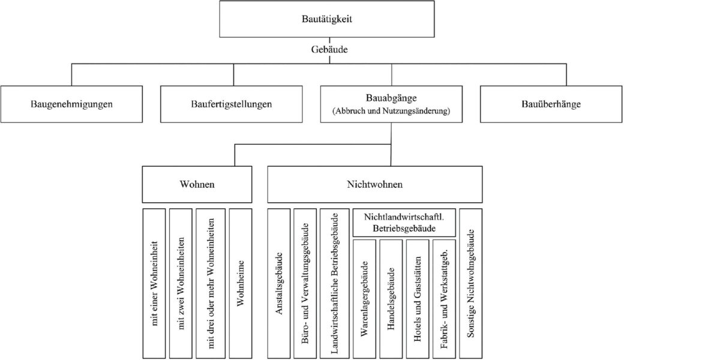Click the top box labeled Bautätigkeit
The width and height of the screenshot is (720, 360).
[326, 19]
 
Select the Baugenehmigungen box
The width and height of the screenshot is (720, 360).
[71, 104]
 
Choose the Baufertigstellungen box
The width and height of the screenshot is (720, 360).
[232, 104]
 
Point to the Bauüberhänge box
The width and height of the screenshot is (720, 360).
[551, 104]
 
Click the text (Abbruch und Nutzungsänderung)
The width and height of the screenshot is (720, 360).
[391, 111]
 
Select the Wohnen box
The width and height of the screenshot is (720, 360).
[197, 184]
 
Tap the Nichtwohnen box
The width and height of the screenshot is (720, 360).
[374, 184]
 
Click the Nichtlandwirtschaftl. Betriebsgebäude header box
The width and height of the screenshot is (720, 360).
[403, 223]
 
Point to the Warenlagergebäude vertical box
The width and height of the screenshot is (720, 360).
[365, 299]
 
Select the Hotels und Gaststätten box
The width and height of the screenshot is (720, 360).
[418, 299]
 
